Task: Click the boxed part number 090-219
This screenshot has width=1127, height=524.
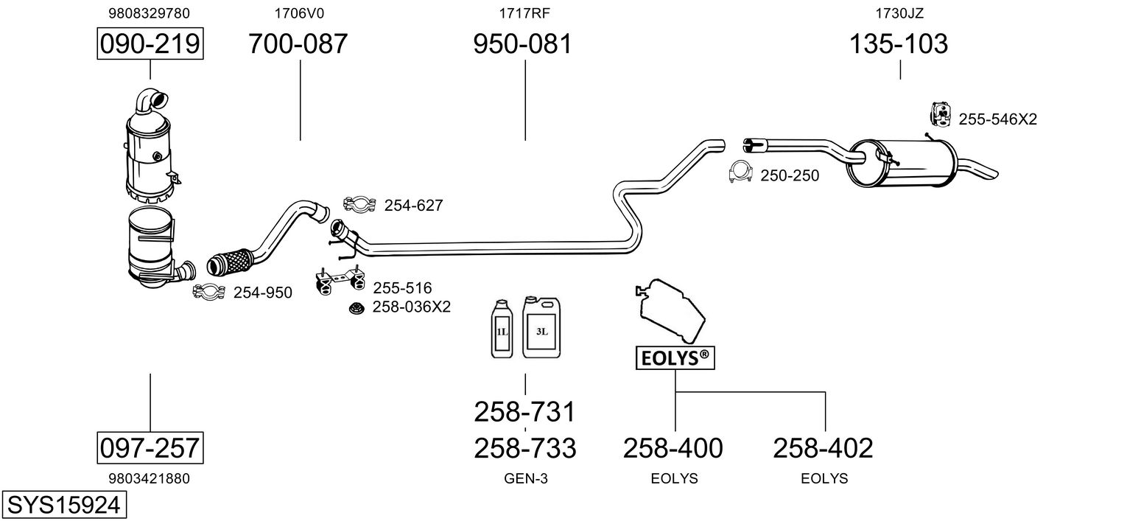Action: pyautogui.click(x=150, y=44)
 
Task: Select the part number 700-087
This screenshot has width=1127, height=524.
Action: pyautogui.click(x=298, y=44)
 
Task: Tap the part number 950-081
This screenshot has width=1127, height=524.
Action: pyautogui.click(x=522, y=44)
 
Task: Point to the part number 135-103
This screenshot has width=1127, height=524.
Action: pyautogui.click(x=899, y=44)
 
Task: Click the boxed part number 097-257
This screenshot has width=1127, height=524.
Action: pyautogui.click(x=150, y=447)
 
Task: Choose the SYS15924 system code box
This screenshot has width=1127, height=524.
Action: pyautogui.click(x=63, y=506)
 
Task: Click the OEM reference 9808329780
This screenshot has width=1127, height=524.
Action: pyautogui.click(x=149, y=13)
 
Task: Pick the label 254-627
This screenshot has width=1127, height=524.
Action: pyautogui.click(x=413, y=206)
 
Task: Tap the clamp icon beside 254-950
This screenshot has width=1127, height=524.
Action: pyautogui.click(x=208, y=293)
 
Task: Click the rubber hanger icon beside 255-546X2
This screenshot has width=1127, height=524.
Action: pyautogui.click(x=938, y=113)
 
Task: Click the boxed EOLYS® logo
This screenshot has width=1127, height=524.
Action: pyautogui.click(x=675, y=358)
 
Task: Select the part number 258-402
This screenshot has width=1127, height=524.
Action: pyautogui.click(x=823, y=447)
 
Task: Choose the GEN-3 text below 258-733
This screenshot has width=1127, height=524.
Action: pyautogui.click(x=525, y=478)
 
